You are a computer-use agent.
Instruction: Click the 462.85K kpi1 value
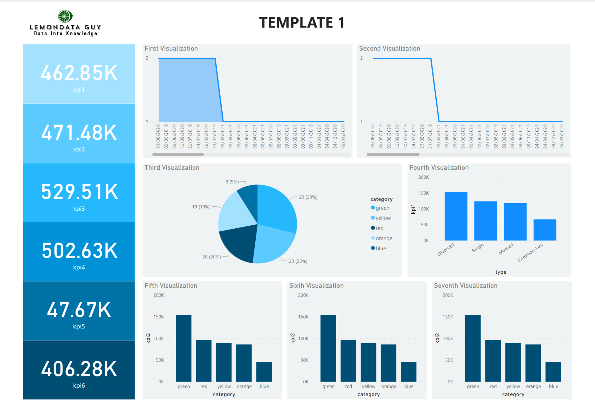pos(79,73)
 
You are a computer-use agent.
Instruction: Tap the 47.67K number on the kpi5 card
pos(79,310)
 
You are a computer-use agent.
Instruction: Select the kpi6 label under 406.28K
pos(79,385)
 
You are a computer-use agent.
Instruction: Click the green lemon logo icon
pos(65,16)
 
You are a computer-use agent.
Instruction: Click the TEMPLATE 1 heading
pos(302,23)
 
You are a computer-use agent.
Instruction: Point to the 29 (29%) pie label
pos(308,197)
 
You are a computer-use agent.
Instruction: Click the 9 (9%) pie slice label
pos(232,182)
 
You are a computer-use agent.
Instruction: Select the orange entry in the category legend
pos(384,238)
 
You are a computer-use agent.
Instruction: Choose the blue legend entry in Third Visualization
pos(381,248)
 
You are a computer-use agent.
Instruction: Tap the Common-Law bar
pos(544,230)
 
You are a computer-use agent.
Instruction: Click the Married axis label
pos(506,248)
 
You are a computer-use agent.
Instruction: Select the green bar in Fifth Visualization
pos(183,348)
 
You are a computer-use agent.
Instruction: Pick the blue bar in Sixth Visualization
pos(408,371)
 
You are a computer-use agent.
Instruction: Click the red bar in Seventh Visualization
pos(493,361)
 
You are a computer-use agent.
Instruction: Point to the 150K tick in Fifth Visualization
pos(158,317)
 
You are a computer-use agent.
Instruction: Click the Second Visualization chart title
pos(389,49)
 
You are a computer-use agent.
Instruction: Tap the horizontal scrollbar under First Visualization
pos(178,154)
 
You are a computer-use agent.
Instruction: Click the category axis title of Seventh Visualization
pos(513,394)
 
